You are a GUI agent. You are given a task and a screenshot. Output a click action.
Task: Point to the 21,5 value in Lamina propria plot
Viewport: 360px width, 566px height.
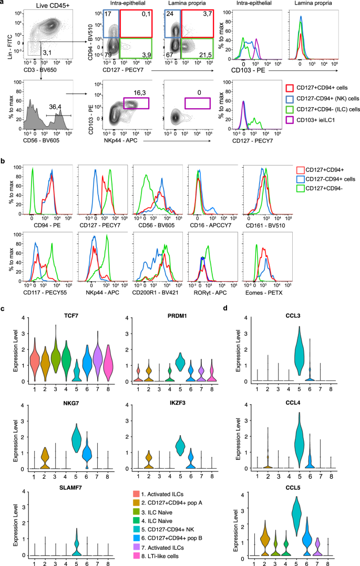(x=204, y=55)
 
